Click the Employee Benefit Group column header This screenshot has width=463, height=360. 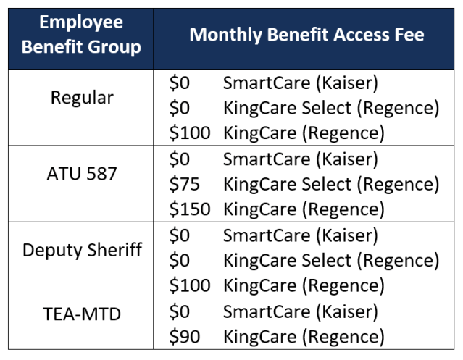tap(81, 35)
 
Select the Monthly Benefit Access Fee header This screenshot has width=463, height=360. tap(306, 35)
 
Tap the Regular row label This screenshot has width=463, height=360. tap(81, 98)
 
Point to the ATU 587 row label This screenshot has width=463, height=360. tap(81, 174)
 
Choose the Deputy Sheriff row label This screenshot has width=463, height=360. tap(81, 250)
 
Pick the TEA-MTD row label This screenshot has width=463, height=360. tap(81, 313)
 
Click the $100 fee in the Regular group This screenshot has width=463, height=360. tap(189, 133)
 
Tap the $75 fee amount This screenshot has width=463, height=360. tap(184, 184)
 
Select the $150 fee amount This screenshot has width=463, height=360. tap(189, 209)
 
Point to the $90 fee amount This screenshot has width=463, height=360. tap(184, 336)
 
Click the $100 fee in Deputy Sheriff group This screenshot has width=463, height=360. tap(189, 285)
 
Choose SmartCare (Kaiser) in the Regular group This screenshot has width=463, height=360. tap(300, 83)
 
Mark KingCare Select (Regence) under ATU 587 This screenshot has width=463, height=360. tap(331, 184)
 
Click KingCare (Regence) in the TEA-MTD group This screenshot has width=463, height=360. tap(304, 336)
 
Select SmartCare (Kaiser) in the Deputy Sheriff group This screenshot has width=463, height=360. tap(300, 235)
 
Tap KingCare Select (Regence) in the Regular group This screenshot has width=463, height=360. tap(331, 108)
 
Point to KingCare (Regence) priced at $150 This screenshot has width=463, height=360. tap(304, 209)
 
